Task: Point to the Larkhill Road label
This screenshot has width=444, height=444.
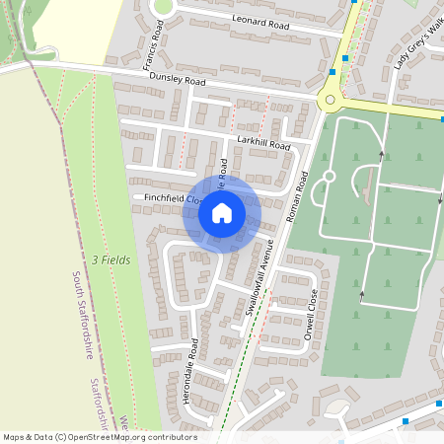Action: [x=264, y=145]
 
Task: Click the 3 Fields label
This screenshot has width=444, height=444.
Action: [x=110, y=259]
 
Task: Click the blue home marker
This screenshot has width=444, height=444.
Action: [x=222, y=213]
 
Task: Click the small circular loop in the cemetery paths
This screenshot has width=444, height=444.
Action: [x=330, y=177]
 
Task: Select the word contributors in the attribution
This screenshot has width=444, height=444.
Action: [x=173, y=437]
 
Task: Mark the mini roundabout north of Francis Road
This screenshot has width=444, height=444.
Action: [x=163, y=6]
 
